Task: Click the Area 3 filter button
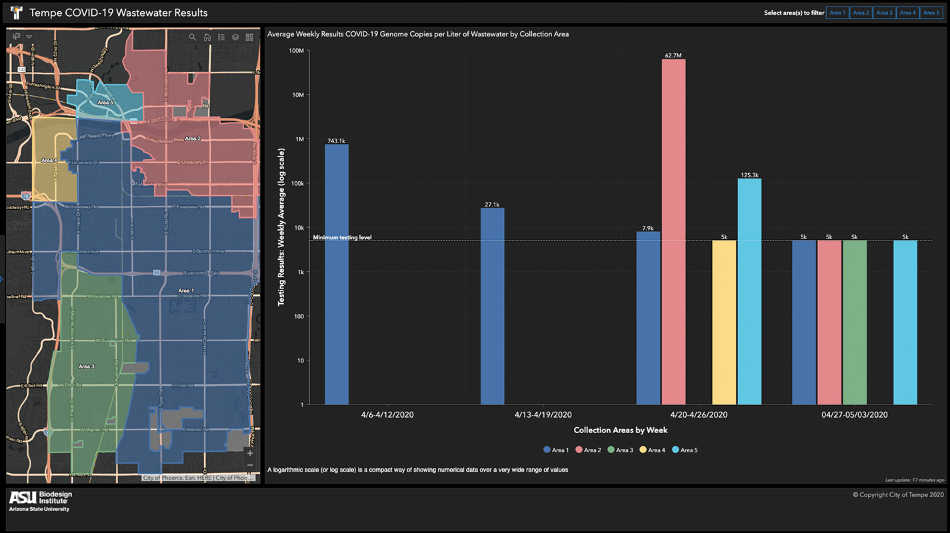point(884,13)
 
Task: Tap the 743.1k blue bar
point(337,274)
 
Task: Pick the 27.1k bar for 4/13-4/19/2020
point(493,306)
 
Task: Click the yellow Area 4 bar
point(724,322)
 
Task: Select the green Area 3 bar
point(855,322)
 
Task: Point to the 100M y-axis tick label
point(295,51)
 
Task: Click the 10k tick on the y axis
point(297,228)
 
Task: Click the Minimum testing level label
point(342,237)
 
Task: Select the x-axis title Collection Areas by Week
point(621,430)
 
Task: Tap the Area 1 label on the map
point(186,290)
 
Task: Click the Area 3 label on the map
point(86,366)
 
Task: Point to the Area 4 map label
point(49,161)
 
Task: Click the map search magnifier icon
point(193,37)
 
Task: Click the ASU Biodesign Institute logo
point(41,501)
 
